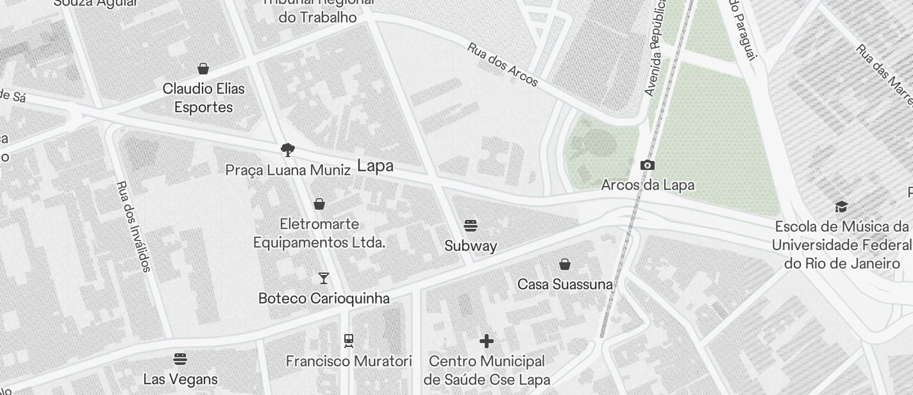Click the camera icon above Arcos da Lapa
click(x=648, y=165)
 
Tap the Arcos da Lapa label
click(x=648, y=185)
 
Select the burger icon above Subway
click(x=471, y=226)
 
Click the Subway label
click(x=471, y=246)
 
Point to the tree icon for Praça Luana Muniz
click(x=288, y=150)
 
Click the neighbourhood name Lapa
click(x=375, y=166)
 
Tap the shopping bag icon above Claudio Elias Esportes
click(x=203, y=69)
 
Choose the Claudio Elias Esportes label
click(x=203, y=97)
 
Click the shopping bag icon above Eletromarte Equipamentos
click(x=319, y=204)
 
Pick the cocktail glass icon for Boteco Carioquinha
click(x=324, y=278)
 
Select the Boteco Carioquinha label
click(x=324, y=298)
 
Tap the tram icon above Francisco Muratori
click(x=349, y=340)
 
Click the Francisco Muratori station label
click(x=349, y=362)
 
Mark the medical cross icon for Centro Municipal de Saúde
click(x=487, y=340)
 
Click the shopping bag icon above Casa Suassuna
click(x=565, y=264)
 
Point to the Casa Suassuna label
click(x=565, y=283)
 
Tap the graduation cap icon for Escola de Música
click(x=841, y=206)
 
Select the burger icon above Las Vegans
click(x=180, y=358)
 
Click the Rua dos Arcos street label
click(x=503, y=65)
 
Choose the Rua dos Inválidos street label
click(x=133, y=226)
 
